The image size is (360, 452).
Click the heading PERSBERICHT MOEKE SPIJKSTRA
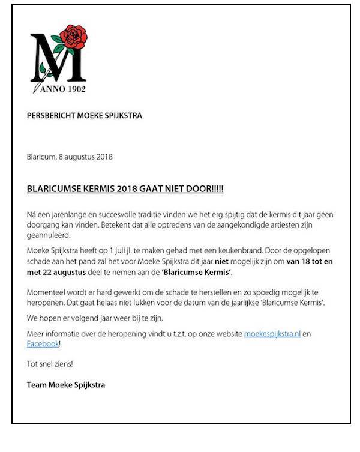pyautogui.click(x=85, y=115)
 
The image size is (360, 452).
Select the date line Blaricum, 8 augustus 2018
pyautogui.click(x=70, y=157)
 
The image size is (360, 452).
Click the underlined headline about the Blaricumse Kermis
pyautogui.click(x=125, y=188)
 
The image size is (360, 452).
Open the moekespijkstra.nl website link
pyautogui.click(x=272, y=333)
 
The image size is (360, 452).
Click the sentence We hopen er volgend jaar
pyautogui.click(x=86, y=318)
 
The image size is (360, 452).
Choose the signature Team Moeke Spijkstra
pyautogui.click(x=66, y=384)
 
